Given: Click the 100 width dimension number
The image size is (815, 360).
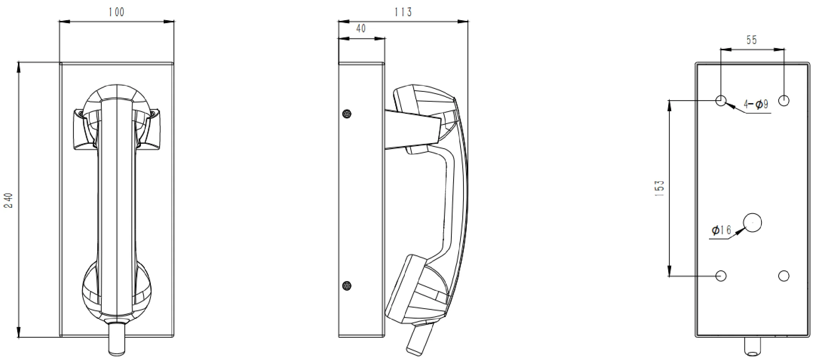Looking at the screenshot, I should [116, 12].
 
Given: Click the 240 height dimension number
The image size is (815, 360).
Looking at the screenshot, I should [8, 200].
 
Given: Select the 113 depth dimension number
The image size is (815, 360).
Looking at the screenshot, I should [403, 12].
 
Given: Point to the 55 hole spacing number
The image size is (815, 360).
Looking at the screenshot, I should [752, 40].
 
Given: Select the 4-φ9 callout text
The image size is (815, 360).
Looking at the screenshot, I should [756, 105].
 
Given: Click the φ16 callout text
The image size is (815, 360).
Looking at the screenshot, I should [721, 230].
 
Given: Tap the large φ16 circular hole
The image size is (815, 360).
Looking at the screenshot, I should [752, 222].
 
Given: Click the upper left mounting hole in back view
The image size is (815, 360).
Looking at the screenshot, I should [721, 100].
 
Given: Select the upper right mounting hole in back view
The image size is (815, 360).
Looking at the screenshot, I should [784, 100].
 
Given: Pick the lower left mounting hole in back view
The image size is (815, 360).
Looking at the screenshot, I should [721, 276].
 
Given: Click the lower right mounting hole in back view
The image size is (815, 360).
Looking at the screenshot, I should [784, 276].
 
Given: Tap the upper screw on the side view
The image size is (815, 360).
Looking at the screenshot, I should [347, 114].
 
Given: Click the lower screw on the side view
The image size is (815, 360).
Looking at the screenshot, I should [347, 286].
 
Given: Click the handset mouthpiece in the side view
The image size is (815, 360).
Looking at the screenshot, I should [416, 290].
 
